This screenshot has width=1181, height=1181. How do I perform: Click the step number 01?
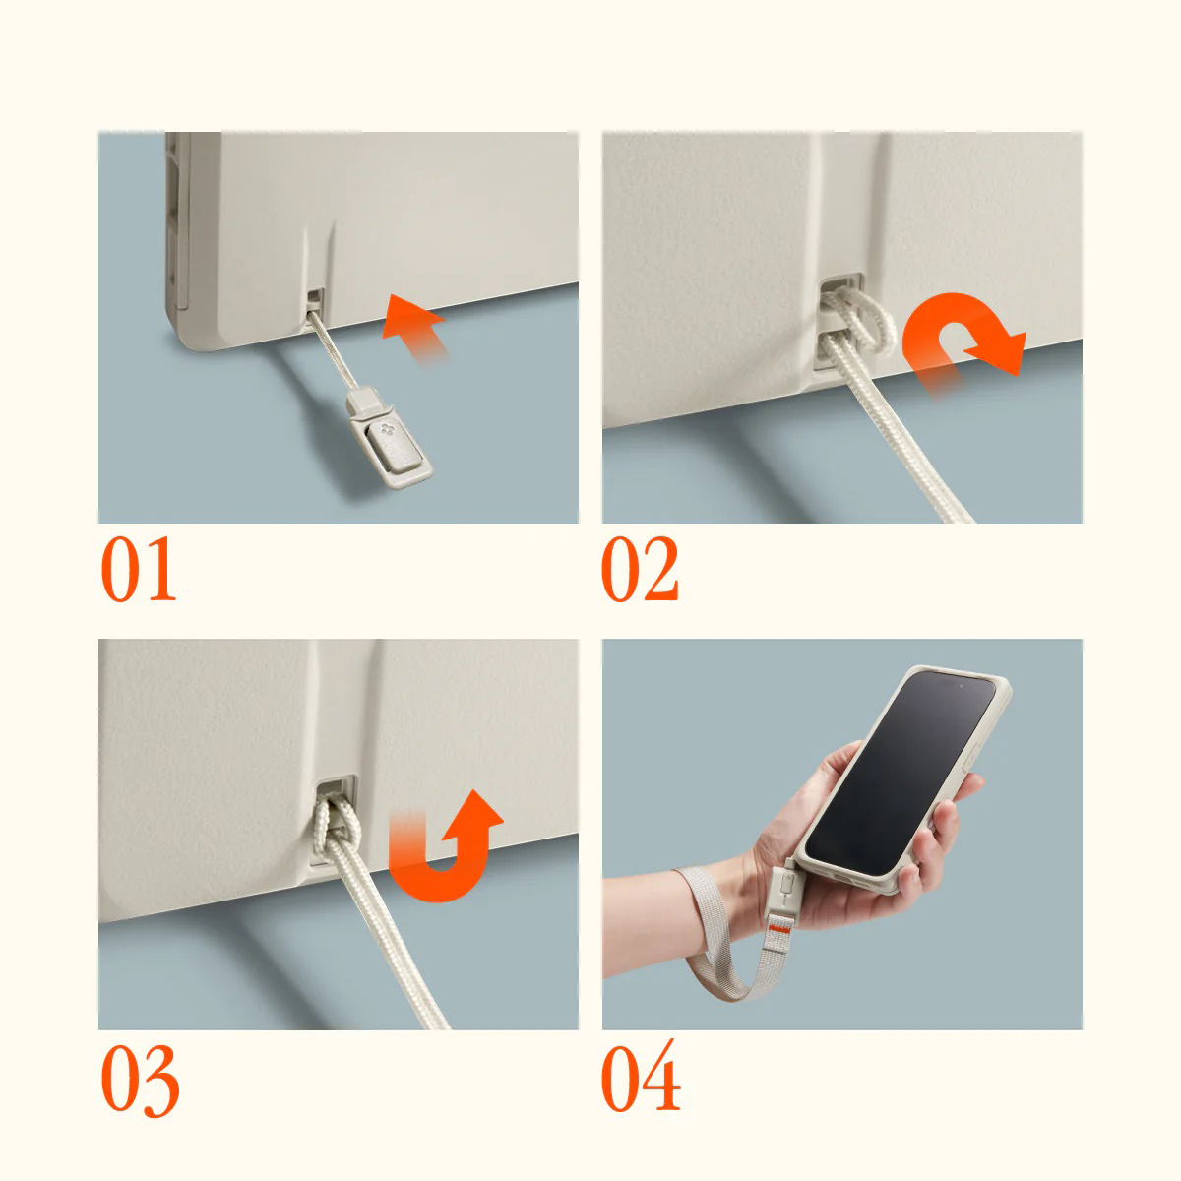[x=139, y=570]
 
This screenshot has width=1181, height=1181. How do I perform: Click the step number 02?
[x=640, y=570]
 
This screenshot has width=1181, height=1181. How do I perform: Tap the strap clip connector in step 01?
[x=389, y=436]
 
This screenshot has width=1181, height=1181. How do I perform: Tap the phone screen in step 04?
[x=900, y=774]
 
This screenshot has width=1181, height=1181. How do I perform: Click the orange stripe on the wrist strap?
[x=779, y=929]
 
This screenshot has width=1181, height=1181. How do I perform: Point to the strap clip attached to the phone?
[x=782, y=890]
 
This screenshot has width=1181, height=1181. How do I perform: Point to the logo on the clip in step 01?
[x=387, y=429]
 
